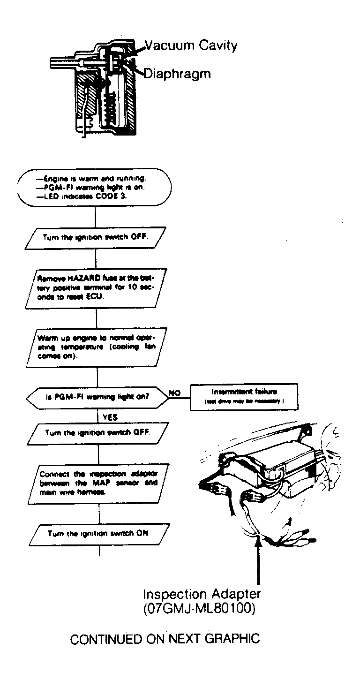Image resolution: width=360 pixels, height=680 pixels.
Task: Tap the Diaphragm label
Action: [177, 74]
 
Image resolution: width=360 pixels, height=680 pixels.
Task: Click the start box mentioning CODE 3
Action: [96, 187]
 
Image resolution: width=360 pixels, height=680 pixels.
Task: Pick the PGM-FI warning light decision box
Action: [97, 396]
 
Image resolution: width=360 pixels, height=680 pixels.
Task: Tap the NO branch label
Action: [174, 393]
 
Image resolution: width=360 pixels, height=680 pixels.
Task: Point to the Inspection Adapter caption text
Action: [202, 594]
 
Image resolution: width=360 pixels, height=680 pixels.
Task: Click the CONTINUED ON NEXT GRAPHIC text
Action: [165, 639]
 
